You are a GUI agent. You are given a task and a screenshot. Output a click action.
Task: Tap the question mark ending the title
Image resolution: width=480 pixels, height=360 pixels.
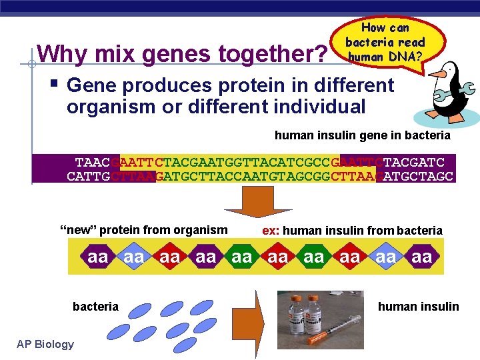point(319,53)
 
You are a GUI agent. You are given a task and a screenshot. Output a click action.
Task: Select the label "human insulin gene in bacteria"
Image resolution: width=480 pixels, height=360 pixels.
point(362,135)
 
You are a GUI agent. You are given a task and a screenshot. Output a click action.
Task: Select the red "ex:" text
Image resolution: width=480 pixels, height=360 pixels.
point(271,230)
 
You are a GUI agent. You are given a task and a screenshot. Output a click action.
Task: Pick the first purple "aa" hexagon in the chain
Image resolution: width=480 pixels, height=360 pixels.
point(98,257)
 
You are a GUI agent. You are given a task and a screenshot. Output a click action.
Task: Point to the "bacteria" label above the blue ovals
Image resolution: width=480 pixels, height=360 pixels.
point(95,307)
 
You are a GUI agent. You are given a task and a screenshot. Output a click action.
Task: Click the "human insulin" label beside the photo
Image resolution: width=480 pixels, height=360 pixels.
point(418,307)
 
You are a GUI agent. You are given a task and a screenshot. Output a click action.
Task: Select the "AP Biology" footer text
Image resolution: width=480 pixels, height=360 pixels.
point(45,344)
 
